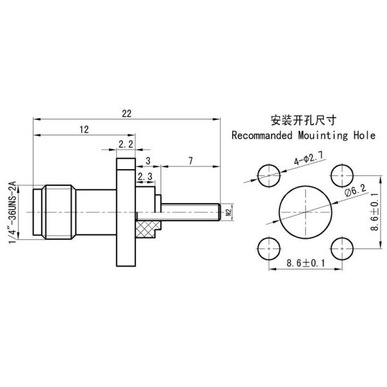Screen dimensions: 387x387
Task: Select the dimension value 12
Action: [84, 130]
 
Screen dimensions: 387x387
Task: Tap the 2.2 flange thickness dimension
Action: [126, 143]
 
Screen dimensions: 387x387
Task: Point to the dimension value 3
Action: [148, 160]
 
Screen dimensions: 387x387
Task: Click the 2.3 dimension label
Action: [145, 175]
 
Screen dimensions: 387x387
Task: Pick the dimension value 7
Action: [190, 160]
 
